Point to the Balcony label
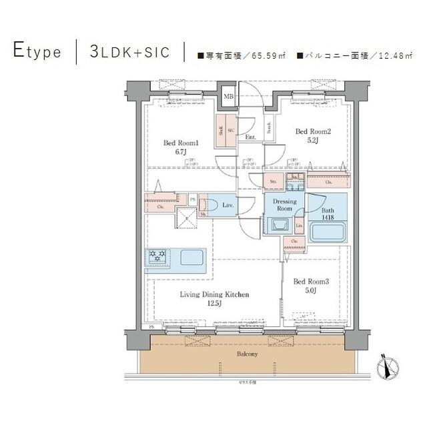pos(246,354)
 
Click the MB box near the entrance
pos(228,97)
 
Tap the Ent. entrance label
pos(251,137)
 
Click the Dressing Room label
pos(285,204)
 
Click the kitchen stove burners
pos(159,256)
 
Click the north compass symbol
pos(389,366)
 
